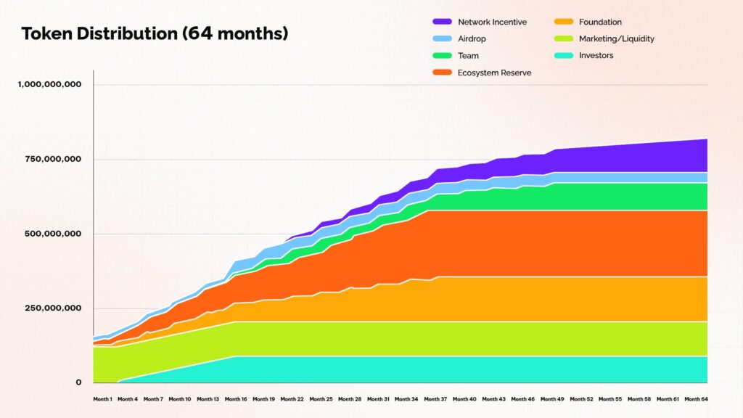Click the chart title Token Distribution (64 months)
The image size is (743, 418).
point(155,33)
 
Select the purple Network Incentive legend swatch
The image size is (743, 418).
point(443,22)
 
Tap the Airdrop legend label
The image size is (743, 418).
point(473,39)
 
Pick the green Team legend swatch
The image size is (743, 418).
point(443,56)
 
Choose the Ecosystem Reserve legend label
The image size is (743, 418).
point(495,73)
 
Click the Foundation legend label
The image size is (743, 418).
point(600,22)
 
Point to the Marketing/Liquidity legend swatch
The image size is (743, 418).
point(564,39)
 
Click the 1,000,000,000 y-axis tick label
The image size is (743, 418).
point(49,84)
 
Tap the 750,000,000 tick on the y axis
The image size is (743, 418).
point(54,159)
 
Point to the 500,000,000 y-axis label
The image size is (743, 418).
point(54,234)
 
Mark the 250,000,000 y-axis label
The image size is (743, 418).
point(54,308)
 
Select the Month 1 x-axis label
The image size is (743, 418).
point(102,399)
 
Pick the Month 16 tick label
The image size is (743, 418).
point(237,399)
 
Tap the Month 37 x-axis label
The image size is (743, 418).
point(435,399)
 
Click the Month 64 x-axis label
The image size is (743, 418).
point(696,399)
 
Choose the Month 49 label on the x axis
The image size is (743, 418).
point(551,399)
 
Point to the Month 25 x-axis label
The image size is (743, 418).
point(321,399)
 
